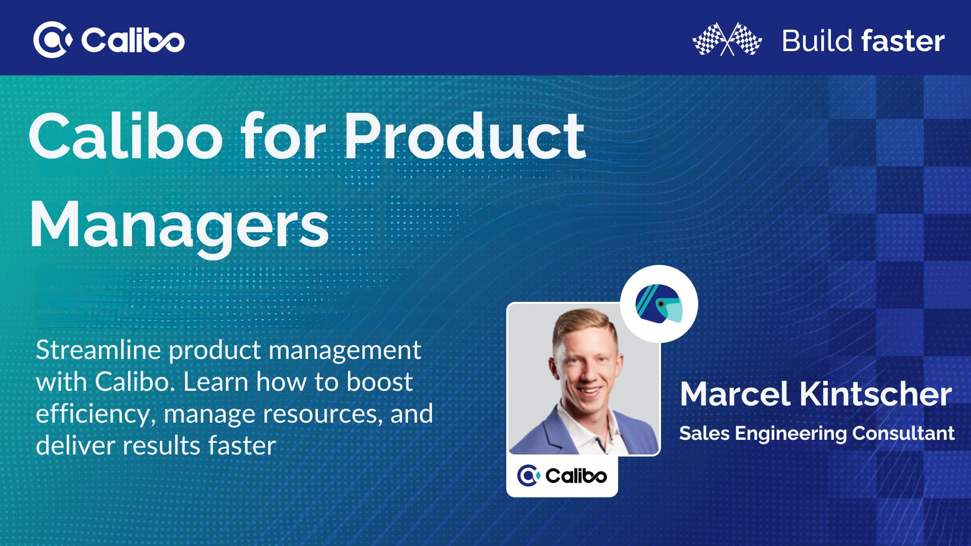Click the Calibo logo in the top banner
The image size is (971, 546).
coord(109,39)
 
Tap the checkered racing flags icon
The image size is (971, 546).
coord(727,39)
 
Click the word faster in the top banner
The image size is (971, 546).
coord(903,41)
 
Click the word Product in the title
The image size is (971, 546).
coord(464,136)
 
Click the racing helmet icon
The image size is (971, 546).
coord(659,304)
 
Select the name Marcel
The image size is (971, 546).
coord(735,394)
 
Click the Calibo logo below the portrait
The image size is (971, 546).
coord(562,475)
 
